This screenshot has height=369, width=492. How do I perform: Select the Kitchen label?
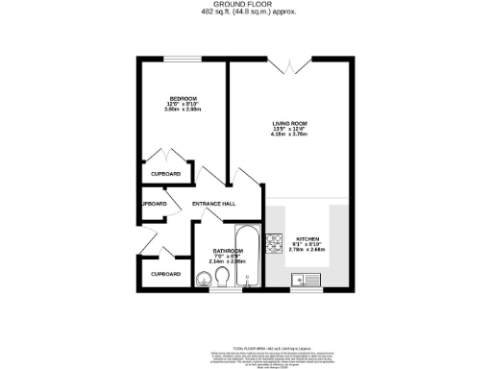[307, 238]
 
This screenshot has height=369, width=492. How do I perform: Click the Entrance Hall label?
[214, 204]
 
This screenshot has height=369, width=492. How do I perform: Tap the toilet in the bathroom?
[223, 279]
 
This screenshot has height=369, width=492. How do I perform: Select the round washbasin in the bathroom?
[203, 280]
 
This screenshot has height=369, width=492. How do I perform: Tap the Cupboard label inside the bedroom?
[165, 173]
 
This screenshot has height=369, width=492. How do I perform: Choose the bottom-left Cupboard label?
[165, 274]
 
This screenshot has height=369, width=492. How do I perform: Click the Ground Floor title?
[246, 5]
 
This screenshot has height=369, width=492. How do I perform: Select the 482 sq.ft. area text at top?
[246, 12]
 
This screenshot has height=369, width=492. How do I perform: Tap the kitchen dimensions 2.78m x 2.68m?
[309, 250]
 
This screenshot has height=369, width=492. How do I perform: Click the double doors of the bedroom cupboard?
[166, 156]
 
